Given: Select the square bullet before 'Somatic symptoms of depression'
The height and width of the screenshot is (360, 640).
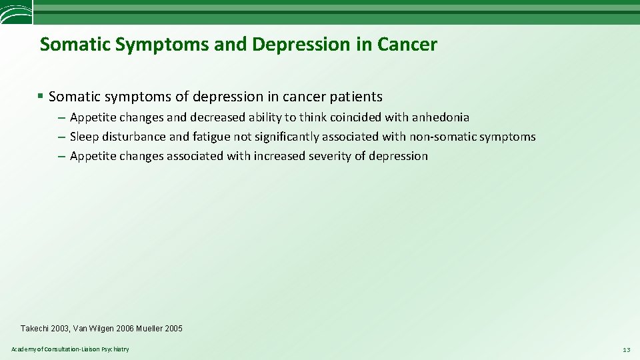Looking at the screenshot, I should coord(41,96).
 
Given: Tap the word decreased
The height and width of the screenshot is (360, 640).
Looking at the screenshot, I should coord(217,117).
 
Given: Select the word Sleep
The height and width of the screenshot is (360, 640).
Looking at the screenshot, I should coord(84,137).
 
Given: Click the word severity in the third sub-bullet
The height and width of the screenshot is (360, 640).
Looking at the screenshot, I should coord(328,156).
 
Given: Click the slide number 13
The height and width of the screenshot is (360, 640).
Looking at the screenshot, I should coord(626,350).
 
